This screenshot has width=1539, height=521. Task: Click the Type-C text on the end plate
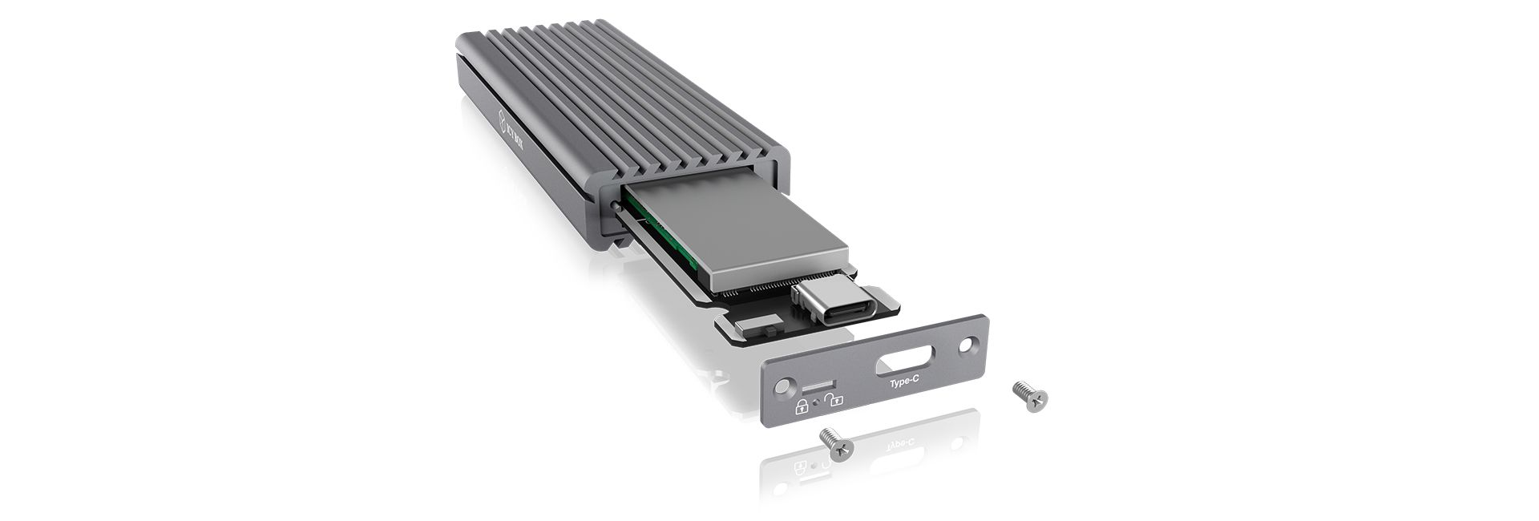pos(904,383)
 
